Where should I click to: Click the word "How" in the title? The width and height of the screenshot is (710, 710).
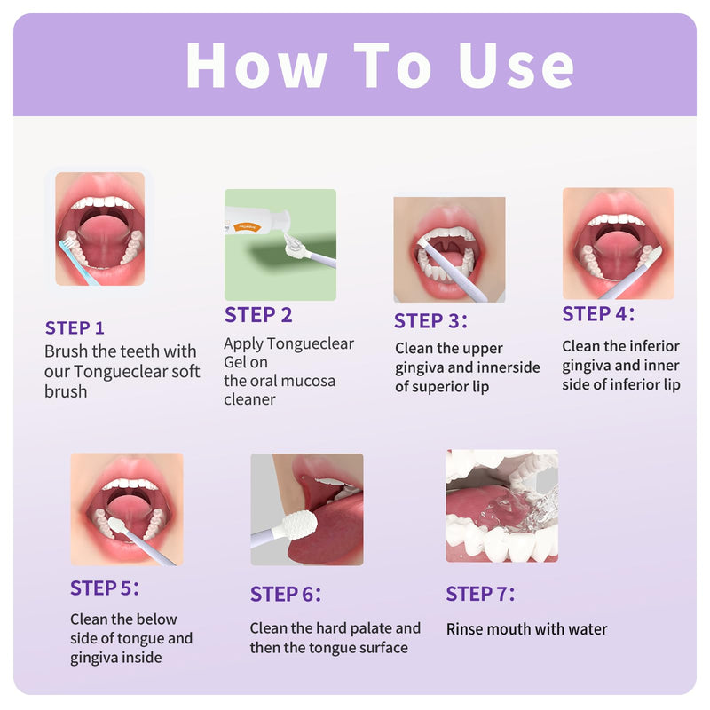tap(256, 66)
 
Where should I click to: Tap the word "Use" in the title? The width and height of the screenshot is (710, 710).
tap(516, 66)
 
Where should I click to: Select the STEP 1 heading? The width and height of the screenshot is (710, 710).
tap(75, 327)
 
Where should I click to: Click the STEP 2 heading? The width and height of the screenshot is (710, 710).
tap(258, 315)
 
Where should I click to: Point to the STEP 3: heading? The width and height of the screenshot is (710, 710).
tap(430, 320)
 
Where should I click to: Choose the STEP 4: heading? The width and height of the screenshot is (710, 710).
tap(598, 314)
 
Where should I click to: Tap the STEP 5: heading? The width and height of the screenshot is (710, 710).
tap(104, 588)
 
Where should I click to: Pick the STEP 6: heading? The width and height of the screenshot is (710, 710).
tap(285, 594)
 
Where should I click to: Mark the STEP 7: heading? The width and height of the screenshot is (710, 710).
tap(480, 593)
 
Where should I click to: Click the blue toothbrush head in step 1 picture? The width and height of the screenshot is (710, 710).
tap(67, 244)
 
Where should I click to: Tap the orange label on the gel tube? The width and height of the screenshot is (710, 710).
tap(247, 226)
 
